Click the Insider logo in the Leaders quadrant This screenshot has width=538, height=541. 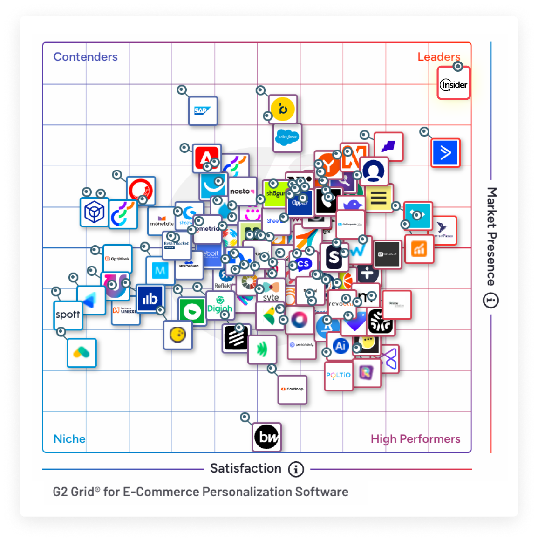(x=453, y=84)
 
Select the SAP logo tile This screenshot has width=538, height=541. (x=203, y=111)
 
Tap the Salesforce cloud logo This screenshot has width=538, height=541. (x=287, y=137)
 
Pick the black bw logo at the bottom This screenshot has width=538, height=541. (x=267, y=437)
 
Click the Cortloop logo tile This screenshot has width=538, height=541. (x=293, y=389)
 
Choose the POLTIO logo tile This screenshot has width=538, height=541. (x=339, y=375)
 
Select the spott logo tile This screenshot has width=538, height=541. (x=68, y=315)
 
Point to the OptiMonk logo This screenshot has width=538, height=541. (x=117, y=259)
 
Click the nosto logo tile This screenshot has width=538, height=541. (x=242, y=191)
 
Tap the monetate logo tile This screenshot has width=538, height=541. (x=161, y=221)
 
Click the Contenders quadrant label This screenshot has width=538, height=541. (x=85, y=57)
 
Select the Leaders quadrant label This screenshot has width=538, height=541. (x=438, y=57)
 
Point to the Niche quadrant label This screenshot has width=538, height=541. (x=69, y=439)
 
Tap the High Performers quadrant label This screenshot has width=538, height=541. (x=415, y=439)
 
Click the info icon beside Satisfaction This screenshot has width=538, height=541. (x=296, y=469)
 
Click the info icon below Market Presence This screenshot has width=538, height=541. (x=490, y=301)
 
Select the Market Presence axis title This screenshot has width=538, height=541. (x=491, y=236)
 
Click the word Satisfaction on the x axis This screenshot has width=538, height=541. (x=245, y=468)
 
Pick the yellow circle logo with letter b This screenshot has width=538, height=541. (x=283, y=109)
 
